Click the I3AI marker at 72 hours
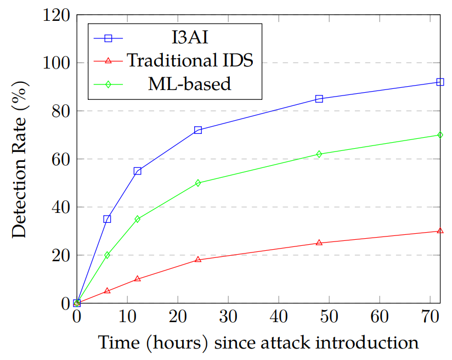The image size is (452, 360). [x=440, y=82]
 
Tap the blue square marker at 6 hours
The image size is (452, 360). [x=107, y=219]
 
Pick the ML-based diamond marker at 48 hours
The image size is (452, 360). [x=319, y=154]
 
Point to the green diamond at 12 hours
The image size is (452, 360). [x=137, y=219]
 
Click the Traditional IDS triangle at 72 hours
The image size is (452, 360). [x=440, y=231]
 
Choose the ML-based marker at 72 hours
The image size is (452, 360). [x=440, y=135]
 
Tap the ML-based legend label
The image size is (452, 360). [x=190, y=84]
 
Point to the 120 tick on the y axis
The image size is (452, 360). [x=57, y=15]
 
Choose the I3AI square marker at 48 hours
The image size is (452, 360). [x=319, y=99]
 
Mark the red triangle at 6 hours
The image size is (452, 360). [x=107, y=291]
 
